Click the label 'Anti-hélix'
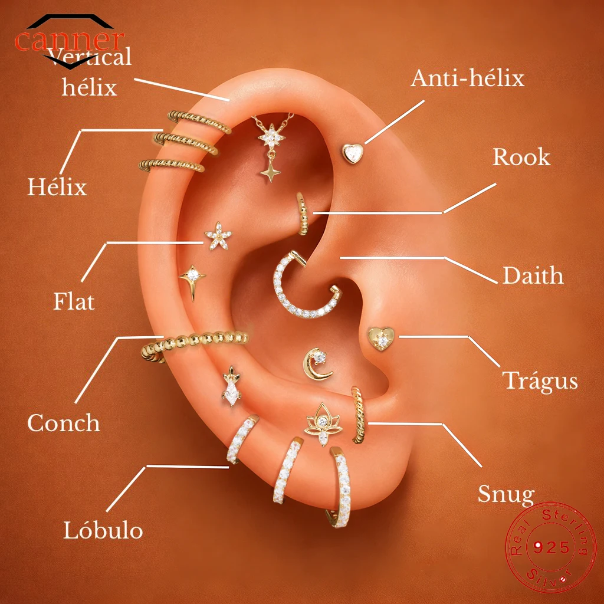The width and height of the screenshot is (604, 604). click(467, 78)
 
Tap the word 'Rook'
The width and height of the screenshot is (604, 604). click(521, 157)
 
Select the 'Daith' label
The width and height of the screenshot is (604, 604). click(533, 275)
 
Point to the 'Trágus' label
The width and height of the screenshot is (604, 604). click(540, 381)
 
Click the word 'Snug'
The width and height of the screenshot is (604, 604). click(505, 494)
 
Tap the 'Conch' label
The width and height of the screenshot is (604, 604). click(64, 423)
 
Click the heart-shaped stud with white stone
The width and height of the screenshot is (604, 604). click(353, 153)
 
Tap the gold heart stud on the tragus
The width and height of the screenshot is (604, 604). click(381, 339)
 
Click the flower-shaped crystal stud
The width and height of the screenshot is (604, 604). click(218, 236)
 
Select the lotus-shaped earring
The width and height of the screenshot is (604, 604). click(323, 424)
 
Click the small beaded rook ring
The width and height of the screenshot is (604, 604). click(303, 214)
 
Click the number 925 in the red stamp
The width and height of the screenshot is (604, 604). click(552, 547)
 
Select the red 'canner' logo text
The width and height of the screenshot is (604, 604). click(70, 40)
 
